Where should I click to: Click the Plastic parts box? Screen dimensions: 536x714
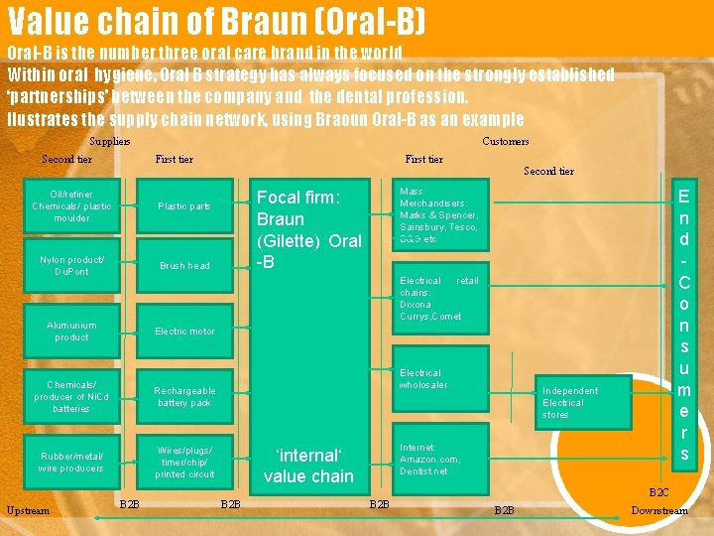184,205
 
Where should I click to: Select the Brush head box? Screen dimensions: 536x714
184,265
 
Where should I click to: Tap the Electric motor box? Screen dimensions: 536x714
184,331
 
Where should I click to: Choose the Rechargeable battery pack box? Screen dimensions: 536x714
184,396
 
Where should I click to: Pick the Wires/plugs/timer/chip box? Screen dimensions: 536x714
184,462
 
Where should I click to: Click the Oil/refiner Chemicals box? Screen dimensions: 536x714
71,205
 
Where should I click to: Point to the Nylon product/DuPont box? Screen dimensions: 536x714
71,265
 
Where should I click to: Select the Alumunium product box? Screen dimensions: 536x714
71,331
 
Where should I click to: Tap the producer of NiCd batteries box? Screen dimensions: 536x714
71,396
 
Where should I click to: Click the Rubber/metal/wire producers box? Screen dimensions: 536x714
71,462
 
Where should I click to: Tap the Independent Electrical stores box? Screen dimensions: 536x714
583,402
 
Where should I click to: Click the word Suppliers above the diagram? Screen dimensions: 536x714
110,141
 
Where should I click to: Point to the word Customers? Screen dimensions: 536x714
506,141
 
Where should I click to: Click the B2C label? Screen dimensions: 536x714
658,492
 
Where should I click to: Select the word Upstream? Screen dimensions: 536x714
28,510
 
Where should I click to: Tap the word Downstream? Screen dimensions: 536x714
659,510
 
